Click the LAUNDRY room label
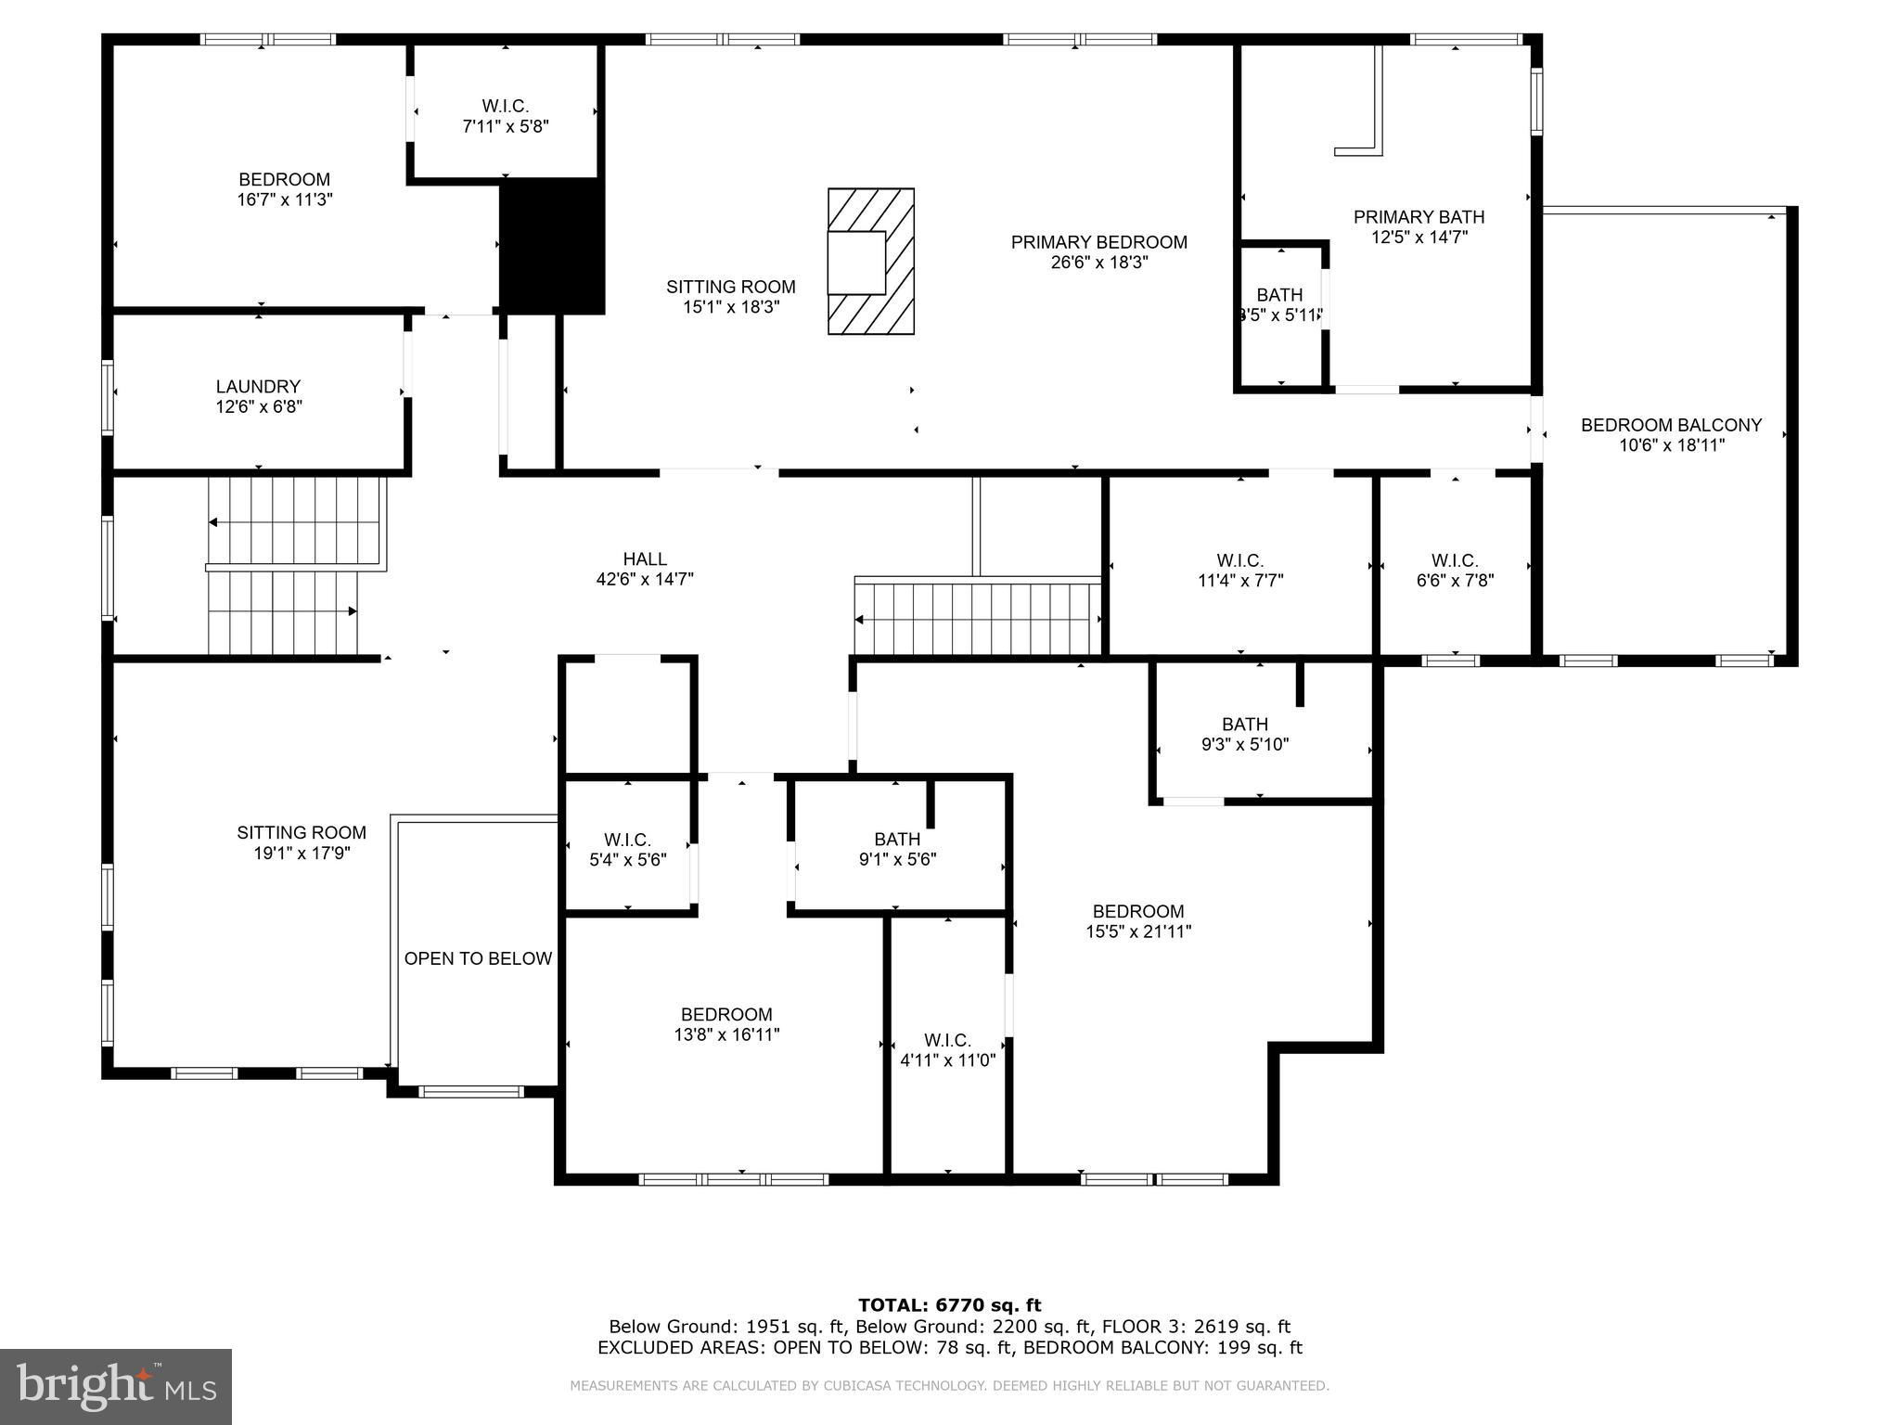point(258,386)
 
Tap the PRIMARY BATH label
point(1419,217)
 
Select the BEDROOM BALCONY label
point(1671,425)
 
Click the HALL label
point(645,558)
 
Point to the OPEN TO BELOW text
point(478,958)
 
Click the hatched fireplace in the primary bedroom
point(871,261)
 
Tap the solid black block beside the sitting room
point(552,245)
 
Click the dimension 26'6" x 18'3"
point(1099,263)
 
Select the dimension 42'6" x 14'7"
point(645,579)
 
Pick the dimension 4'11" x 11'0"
point(947,1059)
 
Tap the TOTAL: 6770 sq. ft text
point(950,1306)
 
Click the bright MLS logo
point(116,1387)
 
